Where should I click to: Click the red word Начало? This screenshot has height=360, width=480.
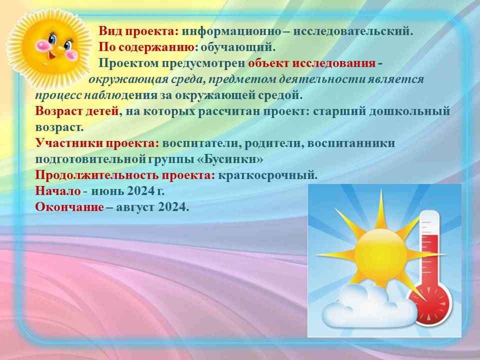pyautogui.click(x=58, y=191)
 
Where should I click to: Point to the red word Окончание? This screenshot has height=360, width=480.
pyautogui.click(x=69, y=207)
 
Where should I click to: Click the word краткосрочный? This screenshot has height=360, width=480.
pyautogui.click(x=268, y=175)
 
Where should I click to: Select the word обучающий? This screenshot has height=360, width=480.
pyautogui.click(x=238, y=47)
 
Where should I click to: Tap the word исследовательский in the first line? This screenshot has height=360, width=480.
pyautogui.click(x=353, y=31)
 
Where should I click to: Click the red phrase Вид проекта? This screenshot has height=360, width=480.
pyautogui.click(x=138, y=31)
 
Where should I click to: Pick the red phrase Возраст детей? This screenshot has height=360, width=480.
pyautogui.click(x=77, y=111)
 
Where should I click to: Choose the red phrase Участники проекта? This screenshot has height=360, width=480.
pyautogui.click(x=97, y=143)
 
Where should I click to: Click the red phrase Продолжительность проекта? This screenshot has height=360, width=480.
pyautogui.click(x=125, y=175)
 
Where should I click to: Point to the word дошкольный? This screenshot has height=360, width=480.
pyautogui.click(x=409, y=111)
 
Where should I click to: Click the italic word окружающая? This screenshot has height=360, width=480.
pyautogui.click(x=128, y=79)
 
